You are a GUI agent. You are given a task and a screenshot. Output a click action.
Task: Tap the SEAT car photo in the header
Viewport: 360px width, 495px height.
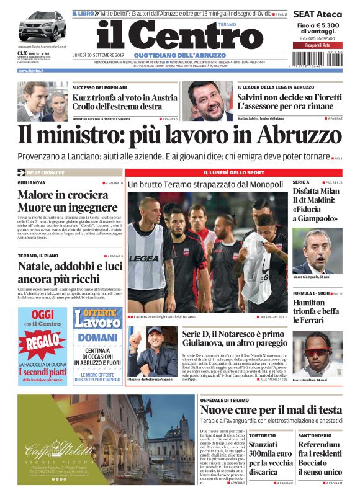42,27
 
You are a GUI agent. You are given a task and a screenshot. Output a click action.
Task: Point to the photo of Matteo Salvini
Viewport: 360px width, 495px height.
210,100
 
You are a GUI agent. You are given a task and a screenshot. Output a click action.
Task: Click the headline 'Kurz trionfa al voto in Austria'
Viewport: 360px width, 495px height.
124,97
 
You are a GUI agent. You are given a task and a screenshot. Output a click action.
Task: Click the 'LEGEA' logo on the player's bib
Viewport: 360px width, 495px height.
144,257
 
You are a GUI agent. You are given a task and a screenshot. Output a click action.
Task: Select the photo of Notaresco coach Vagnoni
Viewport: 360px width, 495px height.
153,350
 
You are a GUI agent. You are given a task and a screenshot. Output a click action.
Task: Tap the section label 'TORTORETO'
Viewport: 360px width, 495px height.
263,435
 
